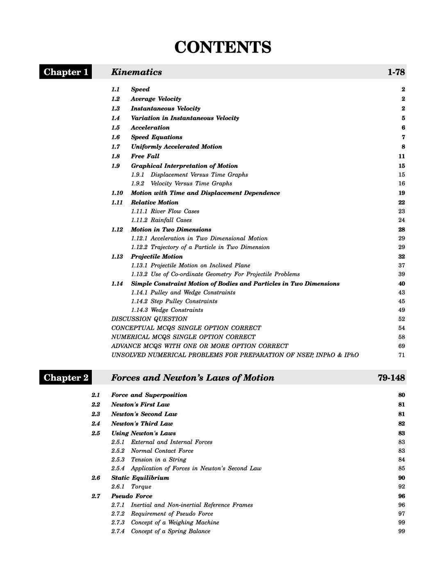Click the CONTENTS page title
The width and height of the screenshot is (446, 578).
[223, 47]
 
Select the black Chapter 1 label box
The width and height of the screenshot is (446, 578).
[66, 72]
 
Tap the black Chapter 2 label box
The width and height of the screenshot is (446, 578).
[66, 378]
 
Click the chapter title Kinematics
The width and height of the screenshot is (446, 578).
[137, 72]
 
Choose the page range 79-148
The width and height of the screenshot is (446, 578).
[391, 378]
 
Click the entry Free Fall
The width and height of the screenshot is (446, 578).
[145, 156]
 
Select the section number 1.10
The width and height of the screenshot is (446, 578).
[117, 193]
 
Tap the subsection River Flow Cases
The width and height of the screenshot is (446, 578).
[175, 211]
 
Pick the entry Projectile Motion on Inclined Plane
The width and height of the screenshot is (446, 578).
[200, 266]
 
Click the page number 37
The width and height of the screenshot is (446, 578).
[401, 266]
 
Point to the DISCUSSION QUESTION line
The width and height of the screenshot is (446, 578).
[149, 319]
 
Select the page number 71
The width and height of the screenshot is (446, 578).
[401, 355]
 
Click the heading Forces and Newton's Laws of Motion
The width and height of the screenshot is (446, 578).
[193, 378]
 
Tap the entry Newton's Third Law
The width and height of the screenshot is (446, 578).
[142, 424]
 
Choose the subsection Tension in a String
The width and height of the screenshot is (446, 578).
[158, 460]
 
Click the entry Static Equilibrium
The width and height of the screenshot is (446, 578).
[140, 478]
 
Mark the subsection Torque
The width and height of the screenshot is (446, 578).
[141, 487]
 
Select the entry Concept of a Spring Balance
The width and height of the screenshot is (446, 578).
[171, 531]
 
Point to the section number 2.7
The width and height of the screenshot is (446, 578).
[96, 496]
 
